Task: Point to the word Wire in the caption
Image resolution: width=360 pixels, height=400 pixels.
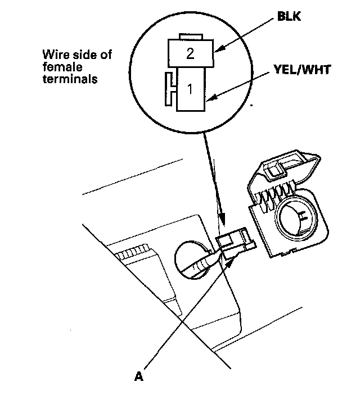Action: coord(55,55)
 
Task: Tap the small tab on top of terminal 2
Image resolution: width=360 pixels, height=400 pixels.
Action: coord(190,37)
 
